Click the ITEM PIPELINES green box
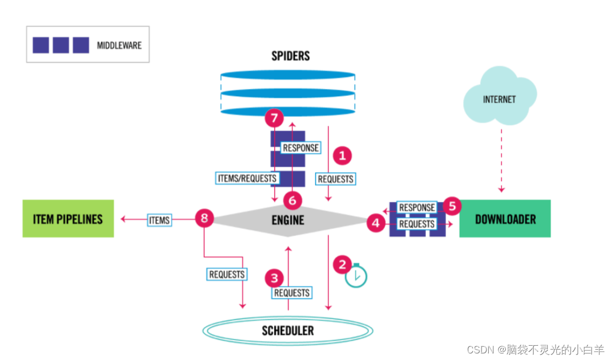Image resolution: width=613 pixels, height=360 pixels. click(x=68, y=218)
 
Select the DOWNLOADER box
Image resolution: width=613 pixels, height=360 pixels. click(x=505, y=218)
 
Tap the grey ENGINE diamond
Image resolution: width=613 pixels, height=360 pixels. click(x=288, y=220)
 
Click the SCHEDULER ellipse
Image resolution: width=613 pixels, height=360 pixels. click(x=288, y=330)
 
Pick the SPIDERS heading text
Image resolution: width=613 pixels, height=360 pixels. click(x=291, y=56)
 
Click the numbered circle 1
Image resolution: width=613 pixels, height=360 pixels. click(x=343, y=156)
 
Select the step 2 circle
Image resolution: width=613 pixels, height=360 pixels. click(x=343, y=265)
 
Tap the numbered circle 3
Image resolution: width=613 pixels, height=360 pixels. click(x=274, y=278)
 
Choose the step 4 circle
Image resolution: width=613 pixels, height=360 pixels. click(x=375, y=223)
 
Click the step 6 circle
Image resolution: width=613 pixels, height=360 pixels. click(x=292, y=201)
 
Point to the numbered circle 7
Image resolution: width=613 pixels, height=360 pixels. click(x=274, y=118)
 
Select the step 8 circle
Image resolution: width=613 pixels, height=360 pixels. click(x=204, y=219)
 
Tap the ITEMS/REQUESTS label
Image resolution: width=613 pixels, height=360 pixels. click(x=247, y=178)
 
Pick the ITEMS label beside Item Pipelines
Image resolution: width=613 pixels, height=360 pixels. click(x=159, y=220)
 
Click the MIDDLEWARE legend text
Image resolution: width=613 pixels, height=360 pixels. click(x=119, y=45)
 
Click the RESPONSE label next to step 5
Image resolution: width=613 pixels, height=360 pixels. click(x=417, y=207)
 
